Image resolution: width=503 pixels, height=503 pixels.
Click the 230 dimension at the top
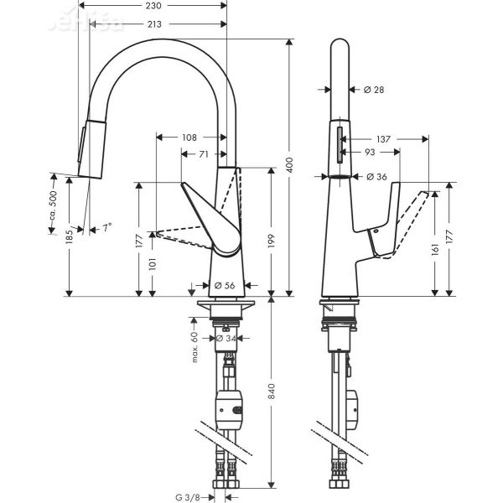tap(153, 6)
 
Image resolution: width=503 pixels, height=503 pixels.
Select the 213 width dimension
tap(153, 24)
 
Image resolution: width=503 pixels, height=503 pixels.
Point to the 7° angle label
tap(106, 228)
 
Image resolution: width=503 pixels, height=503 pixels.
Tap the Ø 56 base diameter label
tap(225, 286)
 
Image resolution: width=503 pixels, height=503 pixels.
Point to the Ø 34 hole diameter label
tap(224, 339)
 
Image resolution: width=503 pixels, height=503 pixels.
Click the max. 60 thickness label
tap(194, 345)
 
